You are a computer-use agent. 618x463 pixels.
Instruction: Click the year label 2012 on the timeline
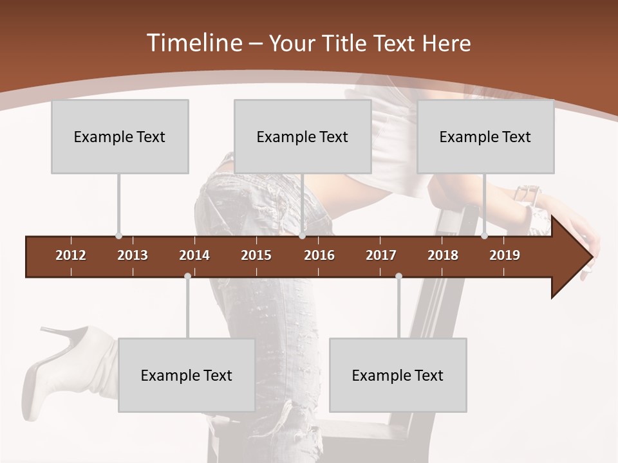(x=71, y=255)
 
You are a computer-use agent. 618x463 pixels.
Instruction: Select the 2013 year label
(x=133, y=255)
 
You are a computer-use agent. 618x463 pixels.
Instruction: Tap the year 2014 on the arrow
(x=194, y=255)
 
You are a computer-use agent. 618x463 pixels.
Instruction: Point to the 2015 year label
(x=256, y=255)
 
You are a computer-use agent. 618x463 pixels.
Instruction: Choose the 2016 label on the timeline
(x=319, y=255)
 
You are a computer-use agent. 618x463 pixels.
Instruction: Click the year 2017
(x=381, y=255)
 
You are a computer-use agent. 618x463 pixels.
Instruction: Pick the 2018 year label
(x=443, y=255)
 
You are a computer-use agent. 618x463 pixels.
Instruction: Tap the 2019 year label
(x=505, y=255)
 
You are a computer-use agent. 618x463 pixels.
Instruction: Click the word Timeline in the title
(x=193, y=43)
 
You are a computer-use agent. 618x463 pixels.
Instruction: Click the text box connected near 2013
(x=120, y=136)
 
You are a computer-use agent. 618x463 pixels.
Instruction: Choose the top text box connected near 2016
(x=303, y=136)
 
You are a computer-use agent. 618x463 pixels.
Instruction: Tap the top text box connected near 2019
(x=485, y=136)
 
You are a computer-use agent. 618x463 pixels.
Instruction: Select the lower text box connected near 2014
(x=187, y=375)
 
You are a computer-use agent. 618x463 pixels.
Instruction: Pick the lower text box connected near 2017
(x=398, y=375)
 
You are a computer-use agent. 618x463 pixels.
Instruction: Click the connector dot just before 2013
(x=118, y=236)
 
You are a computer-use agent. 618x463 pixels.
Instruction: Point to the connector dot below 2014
(x=187, y=276)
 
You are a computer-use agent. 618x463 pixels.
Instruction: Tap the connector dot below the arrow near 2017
(x=398, y=276)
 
